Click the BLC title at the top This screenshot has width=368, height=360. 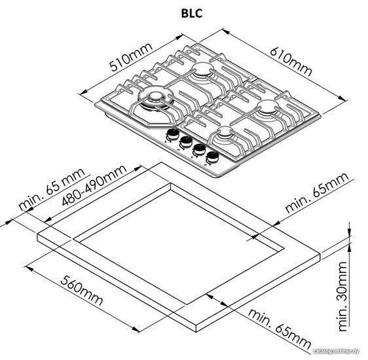[x=191, y=13]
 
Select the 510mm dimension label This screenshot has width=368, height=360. [x=132, y=57]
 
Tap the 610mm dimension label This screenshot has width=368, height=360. [x=291, y=62]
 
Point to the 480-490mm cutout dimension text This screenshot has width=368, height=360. [x=94, y=185]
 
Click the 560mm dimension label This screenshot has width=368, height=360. [x=81, y=290]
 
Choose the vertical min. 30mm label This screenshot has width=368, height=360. [x=342, y=297]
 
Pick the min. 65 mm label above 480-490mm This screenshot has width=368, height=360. [x=52, y=189]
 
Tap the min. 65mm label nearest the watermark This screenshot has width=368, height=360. [x=280, y=329]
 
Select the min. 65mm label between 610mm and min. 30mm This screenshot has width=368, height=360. [x=317, y=193]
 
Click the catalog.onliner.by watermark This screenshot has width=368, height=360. [x=337, y=351]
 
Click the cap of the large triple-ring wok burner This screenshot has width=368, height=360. [x=155, y=96]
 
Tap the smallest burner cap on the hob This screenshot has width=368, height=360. [x=225, y=132]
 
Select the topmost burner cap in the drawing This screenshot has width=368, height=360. [x=203, y=67]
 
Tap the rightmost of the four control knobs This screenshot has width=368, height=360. [x=213, y=157]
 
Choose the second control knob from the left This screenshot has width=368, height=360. [x=186, y=141]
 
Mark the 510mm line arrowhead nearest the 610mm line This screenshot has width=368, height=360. [x=179, y=37]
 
